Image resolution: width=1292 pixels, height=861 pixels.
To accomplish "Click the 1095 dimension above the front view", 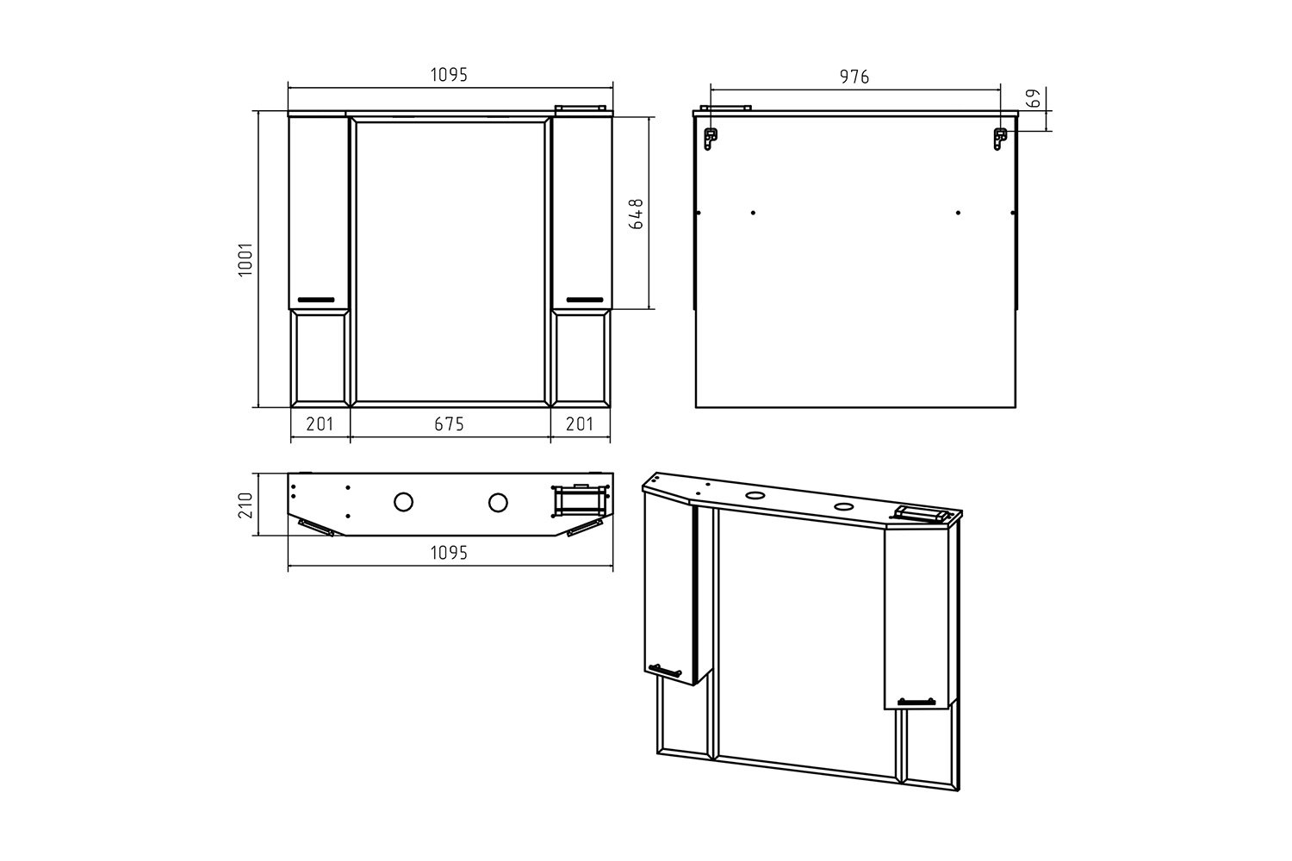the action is pyautogui.click(x=449, y=75).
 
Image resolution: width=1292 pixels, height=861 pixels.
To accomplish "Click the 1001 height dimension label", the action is pyautogui.click(x=245, y=259).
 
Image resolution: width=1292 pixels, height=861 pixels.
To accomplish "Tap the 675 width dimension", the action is pyautogui.click(x=449, y=424).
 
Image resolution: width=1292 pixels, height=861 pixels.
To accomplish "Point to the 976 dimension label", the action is pyautogui.click(x=854, y=77).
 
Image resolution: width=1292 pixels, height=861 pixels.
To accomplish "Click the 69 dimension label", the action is pyautogui.click(x=1034, y=98).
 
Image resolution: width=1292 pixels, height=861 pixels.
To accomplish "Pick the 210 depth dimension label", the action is pyautogui.click(x=245, y=505).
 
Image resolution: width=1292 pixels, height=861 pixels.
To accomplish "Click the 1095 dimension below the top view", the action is pyautogui.click(x=449, y=553).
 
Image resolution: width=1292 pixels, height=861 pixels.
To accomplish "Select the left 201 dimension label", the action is pyautogui.click(x=320, y=424).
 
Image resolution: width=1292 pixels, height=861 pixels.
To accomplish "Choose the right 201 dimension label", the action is pyautogui.click(x=580, y=424).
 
